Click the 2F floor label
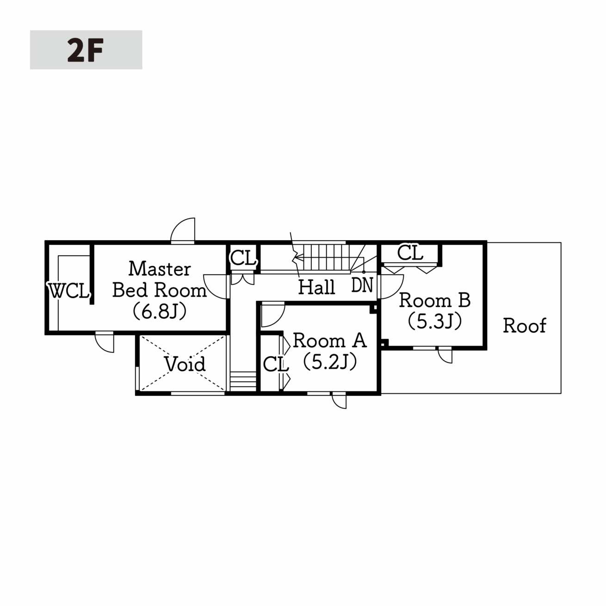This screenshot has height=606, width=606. coord(85,50)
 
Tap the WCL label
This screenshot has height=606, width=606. coord(69,291)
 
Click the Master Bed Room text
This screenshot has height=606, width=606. coord(160,279)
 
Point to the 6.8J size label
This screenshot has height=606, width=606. coord(160,311)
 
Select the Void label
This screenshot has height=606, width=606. coord(185,364)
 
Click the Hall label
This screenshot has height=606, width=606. coord(316,287)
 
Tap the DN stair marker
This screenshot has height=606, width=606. coord(362,285)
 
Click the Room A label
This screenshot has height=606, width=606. coord(330,340)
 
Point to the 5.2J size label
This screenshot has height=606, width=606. coord(330,362)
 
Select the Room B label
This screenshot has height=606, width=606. coord(435,300)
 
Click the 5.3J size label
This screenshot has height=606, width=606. coord(435,321)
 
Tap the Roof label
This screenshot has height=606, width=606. coord(525,326)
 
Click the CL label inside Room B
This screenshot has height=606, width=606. coord(410,253)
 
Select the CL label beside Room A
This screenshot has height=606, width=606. coord(276,365)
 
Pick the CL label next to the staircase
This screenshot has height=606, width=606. coord(243,258)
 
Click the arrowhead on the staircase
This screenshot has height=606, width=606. coord(297,259)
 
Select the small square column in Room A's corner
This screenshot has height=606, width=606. coord(373,309)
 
